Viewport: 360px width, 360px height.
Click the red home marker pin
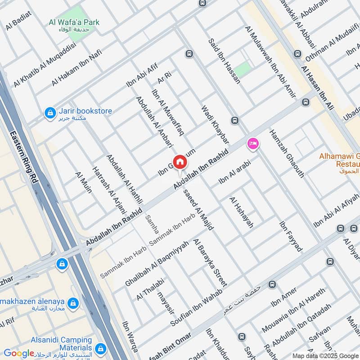click(180, 162)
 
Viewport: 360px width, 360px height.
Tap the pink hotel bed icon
click(253, 144)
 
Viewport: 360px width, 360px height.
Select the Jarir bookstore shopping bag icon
click(50, 112)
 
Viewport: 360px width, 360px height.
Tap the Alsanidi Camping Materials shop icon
click(100, 348)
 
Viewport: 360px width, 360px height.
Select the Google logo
click(19, 353)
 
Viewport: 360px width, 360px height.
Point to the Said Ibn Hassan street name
click(224, 61)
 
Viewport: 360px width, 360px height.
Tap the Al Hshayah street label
click(242, 212)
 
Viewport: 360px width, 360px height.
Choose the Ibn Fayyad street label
click(291, 236)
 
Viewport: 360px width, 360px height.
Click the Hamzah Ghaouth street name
click(287, 153)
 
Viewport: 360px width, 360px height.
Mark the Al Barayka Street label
click(210, 262)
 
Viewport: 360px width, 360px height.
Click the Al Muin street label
click(84, 182)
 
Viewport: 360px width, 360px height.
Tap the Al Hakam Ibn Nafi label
click(76, 67)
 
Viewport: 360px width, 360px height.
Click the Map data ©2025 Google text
click(325, 355)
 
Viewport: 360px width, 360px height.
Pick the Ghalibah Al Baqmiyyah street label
click(157, 260)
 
